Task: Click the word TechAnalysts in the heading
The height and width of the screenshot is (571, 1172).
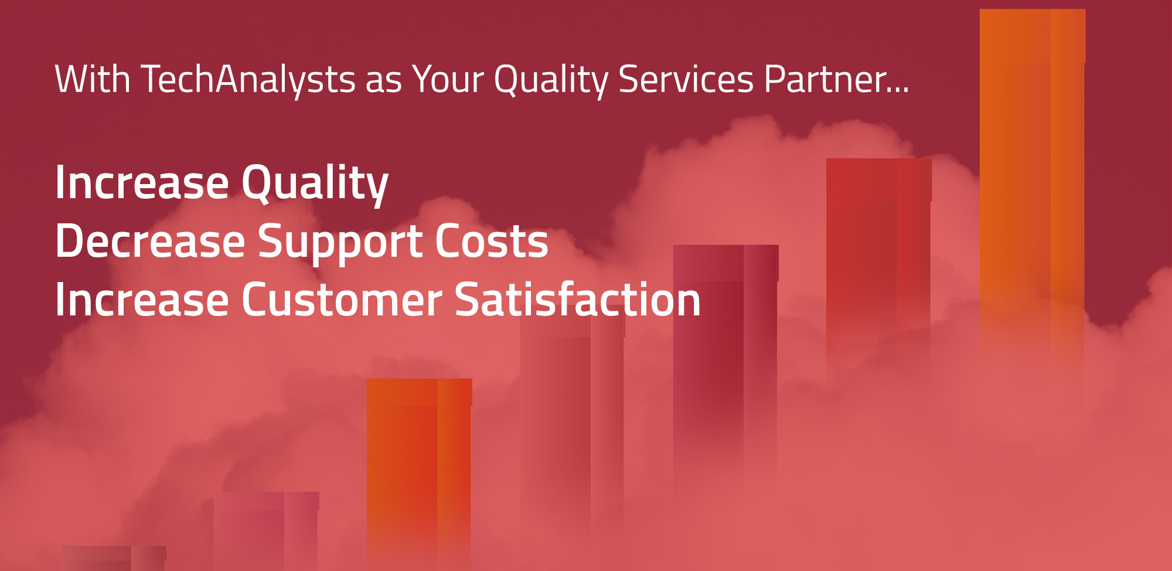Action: pos(248,79)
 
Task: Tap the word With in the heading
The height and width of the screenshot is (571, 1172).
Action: pos(92,79)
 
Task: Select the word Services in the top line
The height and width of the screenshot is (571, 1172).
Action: pos(686,79)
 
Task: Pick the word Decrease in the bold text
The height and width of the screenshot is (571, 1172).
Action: pos(150,241)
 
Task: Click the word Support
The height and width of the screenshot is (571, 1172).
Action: pos(340,242)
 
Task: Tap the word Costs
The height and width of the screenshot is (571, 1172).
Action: pos(491,241)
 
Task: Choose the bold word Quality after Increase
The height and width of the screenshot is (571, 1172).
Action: pos(315,183)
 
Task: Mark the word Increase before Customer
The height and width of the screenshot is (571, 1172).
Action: pos(141,300)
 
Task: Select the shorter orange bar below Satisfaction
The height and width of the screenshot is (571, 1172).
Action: pos(419,469)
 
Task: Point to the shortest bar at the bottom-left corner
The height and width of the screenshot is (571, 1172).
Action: pos(113,558)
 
